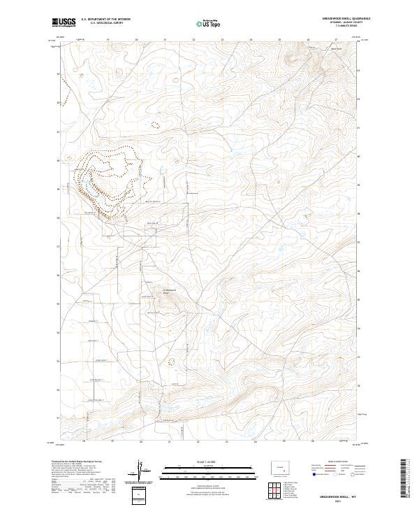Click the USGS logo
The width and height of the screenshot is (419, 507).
pos(62,22)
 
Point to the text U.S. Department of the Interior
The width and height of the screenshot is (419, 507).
pos(106,19)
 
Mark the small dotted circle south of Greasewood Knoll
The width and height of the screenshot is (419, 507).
pos(172,362)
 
